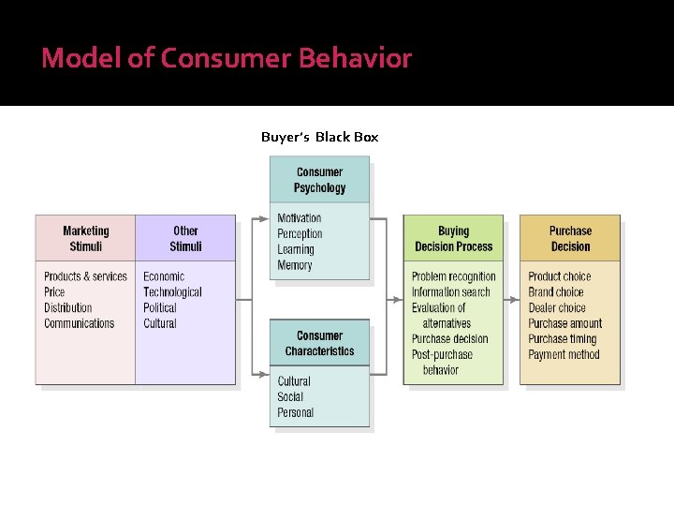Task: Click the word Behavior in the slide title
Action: [x=355, y=58]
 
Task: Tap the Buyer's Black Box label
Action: [x=319, y=137]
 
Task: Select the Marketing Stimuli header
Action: [x=85, y=238]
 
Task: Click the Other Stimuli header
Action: [x=185, y=238]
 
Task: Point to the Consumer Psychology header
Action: [x=319, y=180]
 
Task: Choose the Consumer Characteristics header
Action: [x=319, y=343]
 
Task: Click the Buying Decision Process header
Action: [x=453, y=238]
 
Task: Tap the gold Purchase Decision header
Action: [x=570, y=238]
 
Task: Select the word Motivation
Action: [x=299, y=218]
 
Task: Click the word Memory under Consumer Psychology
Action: [x=294, y=265]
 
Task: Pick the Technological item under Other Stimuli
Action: [x=172, y=292]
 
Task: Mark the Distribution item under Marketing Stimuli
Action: [x=67, y=307]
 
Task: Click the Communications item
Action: [x=79, y=323]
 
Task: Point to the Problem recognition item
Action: [x=453, y=276]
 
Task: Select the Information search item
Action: [x=450, y=292]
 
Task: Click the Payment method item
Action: [x=564, y=354]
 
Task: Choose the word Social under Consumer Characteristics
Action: [x=290, y=396]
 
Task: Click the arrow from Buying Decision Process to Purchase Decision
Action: [x=511, y=301]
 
